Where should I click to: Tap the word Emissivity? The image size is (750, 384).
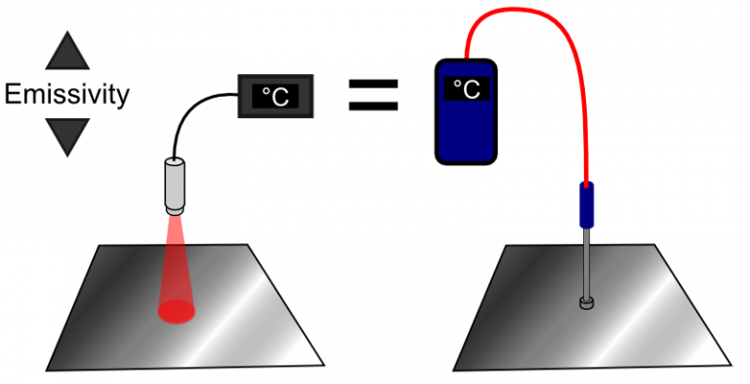(66, 95)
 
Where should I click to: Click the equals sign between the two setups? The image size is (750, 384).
(374, 95)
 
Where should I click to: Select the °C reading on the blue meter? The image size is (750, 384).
(466, 89)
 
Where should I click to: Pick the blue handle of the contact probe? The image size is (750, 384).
(587, 205)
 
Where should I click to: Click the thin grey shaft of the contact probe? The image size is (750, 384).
(586, 264)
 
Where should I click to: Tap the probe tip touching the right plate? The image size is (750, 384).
(586, 304)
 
